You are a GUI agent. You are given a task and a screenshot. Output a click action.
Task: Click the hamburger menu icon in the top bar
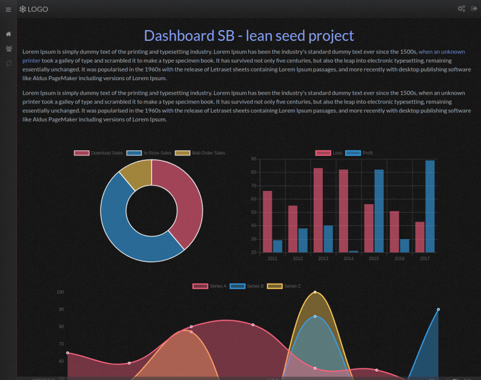[8, 9]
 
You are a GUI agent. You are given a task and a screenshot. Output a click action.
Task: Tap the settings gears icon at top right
[461, 9]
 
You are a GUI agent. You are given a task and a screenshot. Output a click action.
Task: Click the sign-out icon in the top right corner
[474, 9]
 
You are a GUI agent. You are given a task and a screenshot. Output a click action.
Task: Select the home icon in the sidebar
[8, 34]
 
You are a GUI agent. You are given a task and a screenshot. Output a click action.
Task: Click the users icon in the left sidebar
[8, 49]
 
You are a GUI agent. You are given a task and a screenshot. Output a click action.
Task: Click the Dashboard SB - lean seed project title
[249, 36]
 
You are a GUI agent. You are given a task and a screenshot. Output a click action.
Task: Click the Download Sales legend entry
[99, 153]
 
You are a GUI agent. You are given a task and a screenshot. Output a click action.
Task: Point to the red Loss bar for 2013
[318, 210]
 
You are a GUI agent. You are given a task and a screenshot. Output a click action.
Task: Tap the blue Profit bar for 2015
[379, 211]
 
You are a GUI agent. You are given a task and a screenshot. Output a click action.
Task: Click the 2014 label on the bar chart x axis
[348, 258]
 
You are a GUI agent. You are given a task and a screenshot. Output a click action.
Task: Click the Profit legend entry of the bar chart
[361, 153]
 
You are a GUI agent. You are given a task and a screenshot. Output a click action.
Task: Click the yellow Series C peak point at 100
[315, 293]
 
